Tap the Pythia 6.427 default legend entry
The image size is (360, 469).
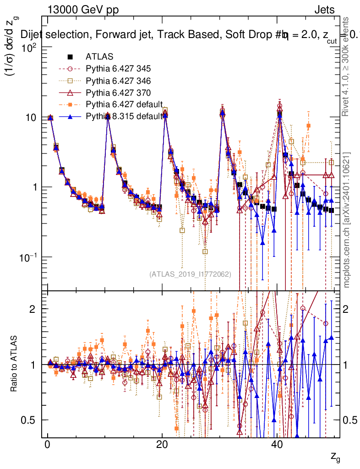tap(123, 104)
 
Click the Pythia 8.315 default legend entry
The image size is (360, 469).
tap(123, 116)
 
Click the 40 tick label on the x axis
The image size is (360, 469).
tap(276, 446)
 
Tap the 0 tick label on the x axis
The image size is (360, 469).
tap(47, 446)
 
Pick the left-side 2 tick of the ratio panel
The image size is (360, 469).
tap(37, 309)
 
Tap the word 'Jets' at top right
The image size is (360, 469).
tap(324, 10)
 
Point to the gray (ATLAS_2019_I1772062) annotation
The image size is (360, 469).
tap(190, 274)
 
